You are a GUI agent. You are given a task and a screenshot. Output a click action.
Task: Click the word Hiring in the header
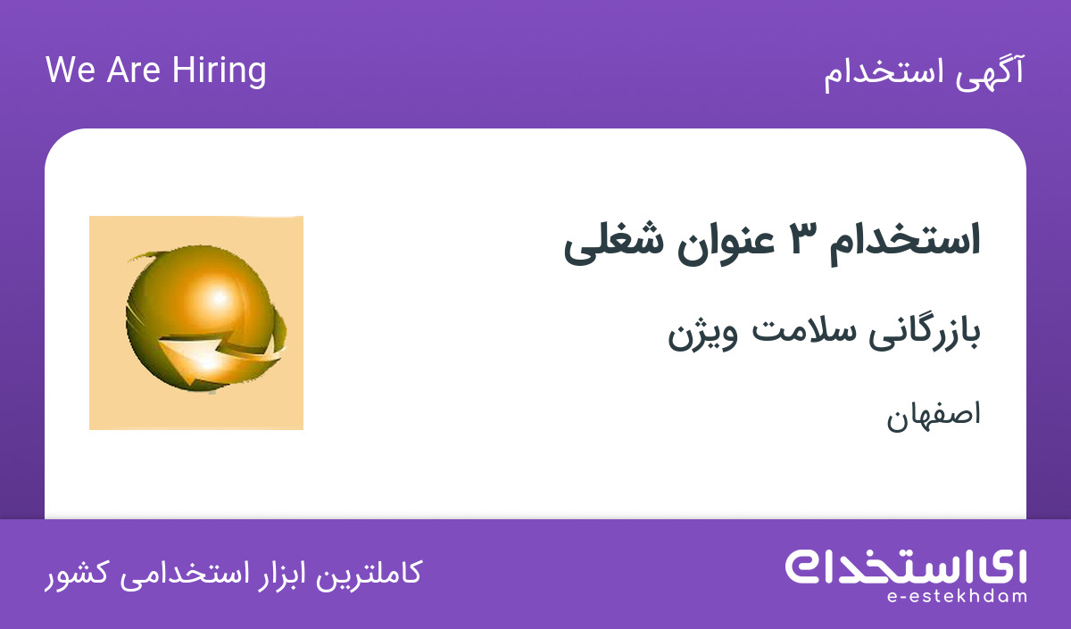(219, 71)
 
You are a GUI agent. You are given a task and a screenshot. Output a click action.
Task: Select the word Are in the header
(133, 70)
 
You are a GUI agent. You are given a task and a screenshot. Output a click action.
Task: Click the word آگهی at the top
(990, 72)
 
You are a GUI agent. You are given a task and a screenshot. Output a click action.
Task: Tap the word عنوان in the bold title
(726, 244)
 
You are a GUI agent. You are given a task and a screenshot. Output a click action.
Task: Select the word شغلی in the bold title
(614, 244)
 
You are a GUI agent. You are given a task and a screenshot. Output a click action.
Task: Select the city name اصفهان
(934, 415)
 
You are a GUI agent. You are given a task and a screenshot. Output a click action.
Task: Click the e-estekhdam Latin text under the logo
(956, 597)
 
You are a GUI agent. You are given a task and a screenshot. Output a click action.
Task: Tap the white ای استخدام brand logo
(905, 567)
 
